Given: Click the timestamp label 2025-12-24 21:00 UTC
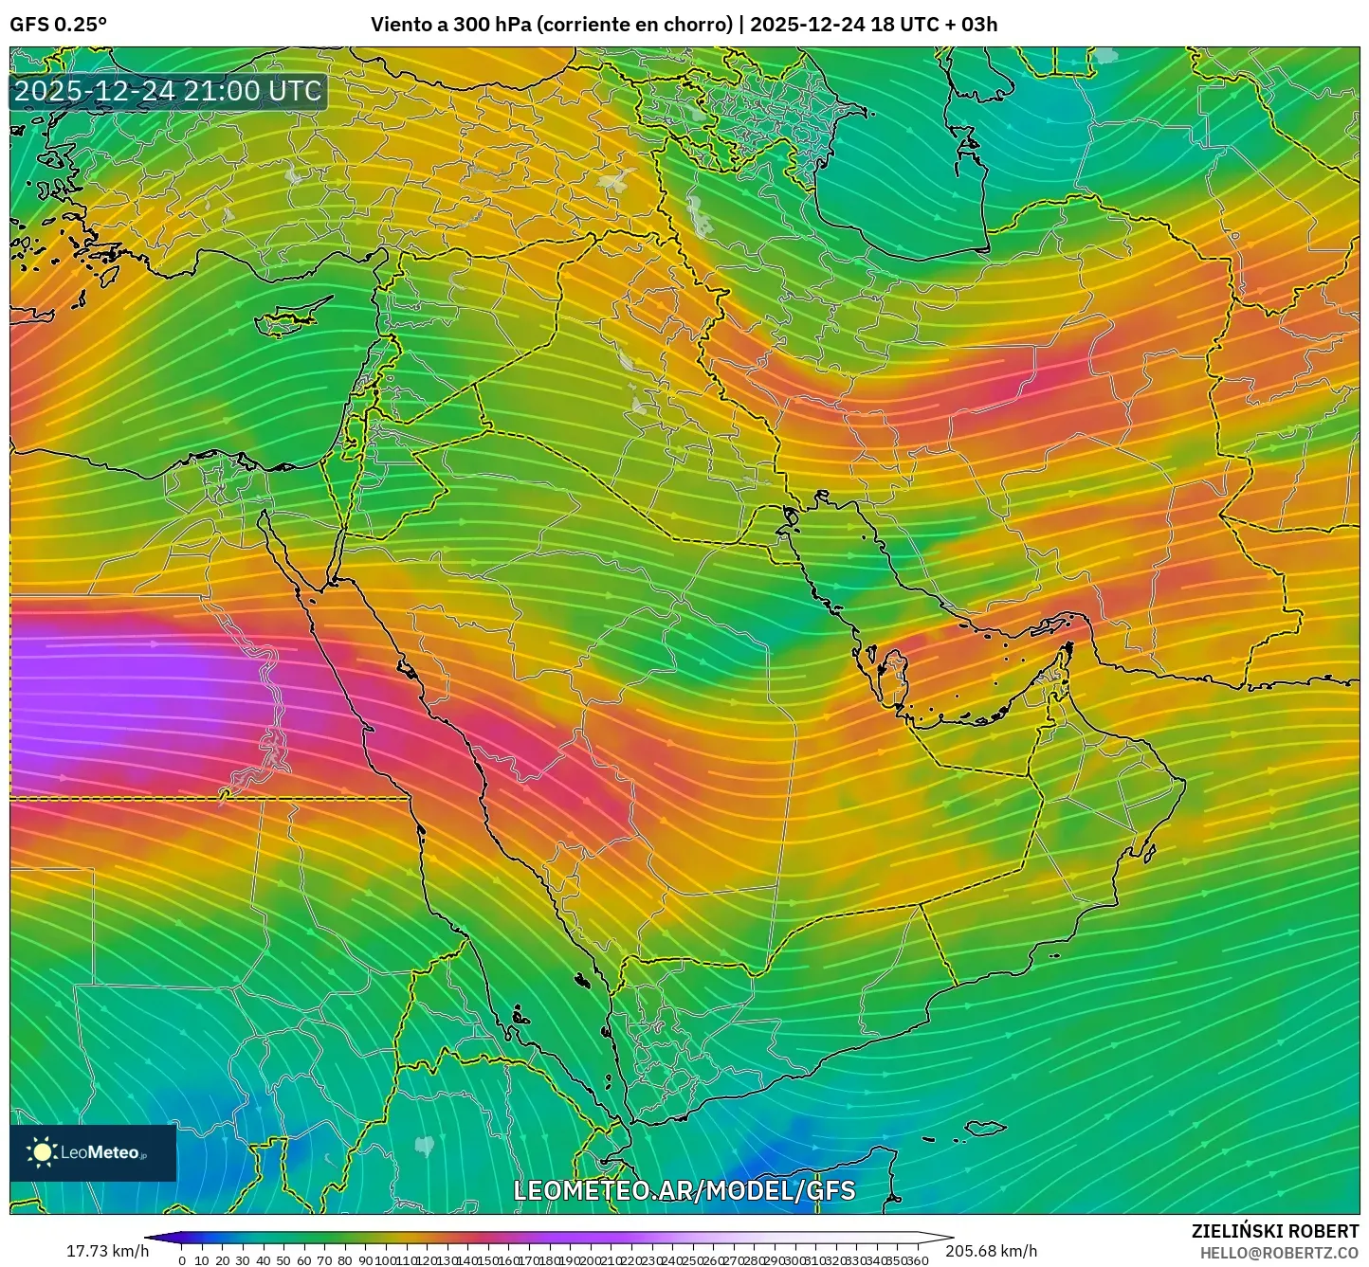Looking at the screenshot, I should click(x=168, y=92).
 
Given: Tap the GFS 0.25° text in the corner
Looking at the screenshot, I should click(x=58, y=25).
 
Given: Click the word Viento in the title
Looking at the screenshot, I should click(x=397, y=25).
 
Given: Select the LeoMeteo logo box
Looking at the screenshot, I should click(x=93, y=1152).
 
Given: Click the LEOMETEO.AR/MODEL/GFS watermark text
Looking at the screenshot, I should click(x=684, y=1190).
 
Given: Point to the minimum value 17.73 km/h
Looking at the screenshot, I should click(x=107, y=1250).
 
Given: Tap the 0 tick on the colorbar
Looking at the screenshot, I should click(x=182, y=1260).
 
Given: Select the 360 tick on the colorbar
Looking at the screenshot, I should click(x=917, y=1260).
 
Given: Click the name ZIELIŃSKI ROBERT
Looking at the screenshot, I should click(x=1274, y=1231).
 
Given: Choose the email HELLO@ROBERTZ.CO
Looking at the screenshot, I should click(x=1279, y=1253).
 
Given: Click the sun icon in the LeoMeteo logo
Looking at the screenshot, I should click(x=42, y=1152).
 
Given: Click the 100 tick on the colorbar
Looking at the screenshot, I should click(x=386, y=1260).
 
